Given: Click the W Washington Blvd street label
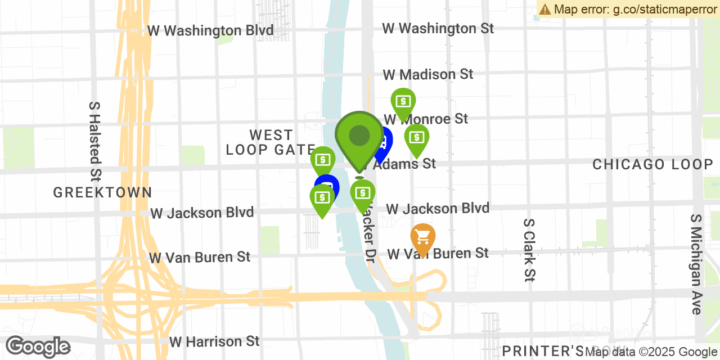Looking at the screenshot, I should (x=210, y=30).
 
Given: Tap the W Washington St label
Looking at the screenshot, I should (x=438, y=28).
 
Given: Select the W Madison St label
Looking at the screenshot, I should (x=428, y=74).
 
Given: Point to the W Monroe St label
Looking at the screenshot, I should (x=426, y=119).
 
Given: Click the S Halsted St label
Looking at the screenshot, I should (x=94, y=141).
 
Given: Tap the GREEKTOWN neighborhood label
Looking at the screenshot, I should (x=102, y=192).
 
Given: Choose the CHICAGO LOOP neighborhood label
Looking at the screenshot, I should (x=652, y=164).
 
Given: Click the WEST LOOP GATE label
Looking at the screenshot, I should (x=271, y=142).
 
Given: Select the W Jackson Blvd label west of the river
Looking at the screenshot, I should (x=202, y=213).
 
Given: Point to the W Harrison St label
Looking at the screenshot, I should (x=214, y=341).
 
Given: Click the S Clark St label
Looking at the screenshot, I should (x=529, y=250).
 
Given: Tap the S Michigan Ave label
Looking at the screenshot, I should (x=696, y=264).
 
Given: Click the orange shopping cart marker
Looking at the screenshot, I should (x=422, y=237).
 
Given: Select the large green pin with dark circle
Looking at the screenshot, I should (x=359, y=138).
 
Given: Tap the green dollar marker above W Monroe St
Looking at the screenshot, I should (x=403, y=102).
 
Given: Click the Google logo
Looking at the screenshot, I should (x=38, y=346).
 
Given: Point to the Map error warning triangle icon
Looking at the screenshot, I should (x=544, y=9).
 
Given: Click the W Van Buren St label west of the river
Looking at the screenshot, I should (x=199, y=258).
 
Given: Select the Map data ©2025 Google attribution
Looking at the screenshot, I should (x=651, y=352).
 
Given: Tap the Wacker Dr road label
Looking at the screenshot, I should (x=367, y=231).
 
